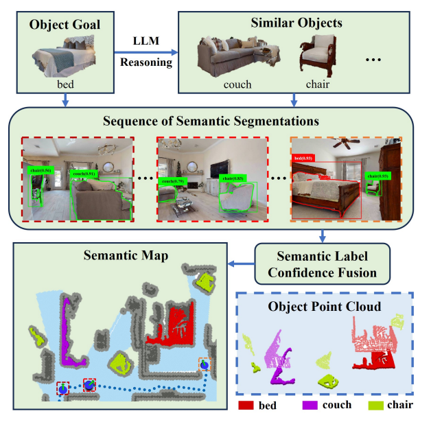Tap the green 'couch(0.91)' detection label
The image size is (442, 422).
[83, 174]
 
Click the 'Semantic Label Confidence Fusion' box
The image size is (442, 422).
[321, 263]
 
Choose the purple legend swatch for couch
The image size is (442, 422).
[312, 406]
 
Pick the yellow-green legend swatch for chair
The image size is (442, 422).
[373, 406]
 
